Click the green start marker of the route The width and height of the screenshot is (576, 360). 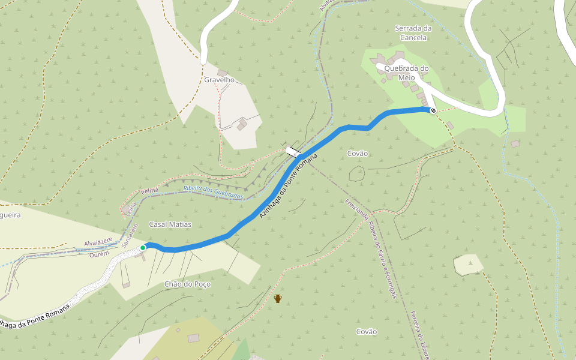143,247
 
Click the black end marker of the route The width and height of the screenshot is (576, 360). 433,110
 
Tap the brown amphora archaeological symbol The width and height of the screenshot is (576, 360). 278,298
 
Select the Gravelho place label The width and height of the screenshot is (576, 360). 218,80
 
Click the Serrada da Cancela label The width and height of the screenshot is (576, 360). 413,32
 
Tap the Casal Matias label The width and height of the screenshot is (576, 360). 170,224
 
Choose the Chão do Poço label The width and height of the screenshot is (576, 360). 187,284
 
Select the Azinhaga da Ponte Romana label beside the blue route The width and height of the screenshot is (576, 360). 287,187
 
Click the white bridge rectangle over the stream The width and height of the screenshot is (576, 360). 293,152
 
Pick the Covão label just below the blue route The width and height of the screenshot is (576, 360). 358,154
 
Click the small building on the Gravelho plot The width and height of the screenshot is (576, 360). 243,124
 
